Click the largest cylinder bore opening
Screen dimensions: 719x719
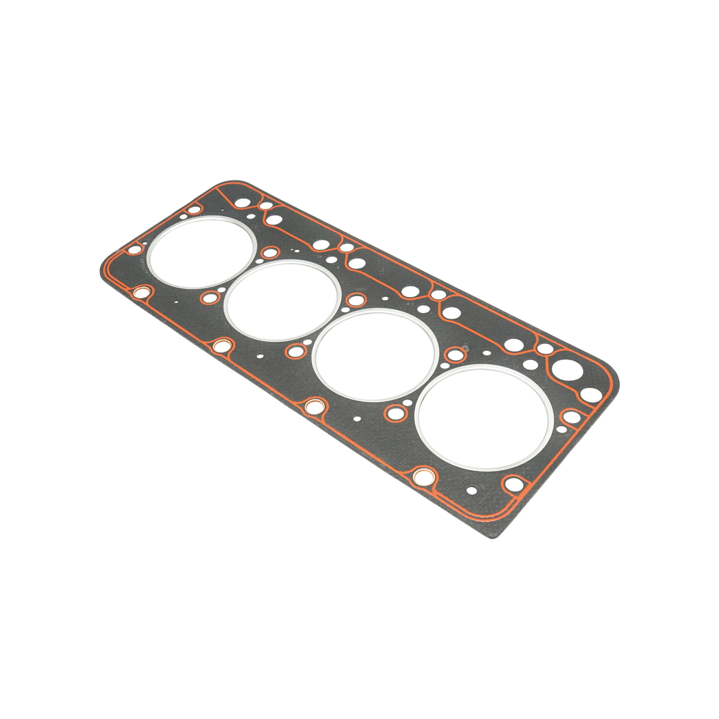click(484, 417)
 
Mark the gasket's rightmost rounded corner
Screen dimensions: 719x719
click(611, 383)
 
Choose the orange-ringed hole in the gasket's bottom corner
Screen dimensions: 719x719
click(513, 484)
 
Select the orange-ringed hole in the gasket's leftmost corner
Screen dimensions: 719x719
click(135, 249)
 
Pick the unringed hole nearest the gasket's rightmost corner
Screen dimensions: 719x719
click(591, 394)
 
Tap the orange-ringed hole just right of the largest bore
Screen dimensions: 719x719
click(572, 417)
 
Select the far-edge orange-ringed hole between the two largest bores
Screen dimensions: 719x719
click(456, 354)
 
